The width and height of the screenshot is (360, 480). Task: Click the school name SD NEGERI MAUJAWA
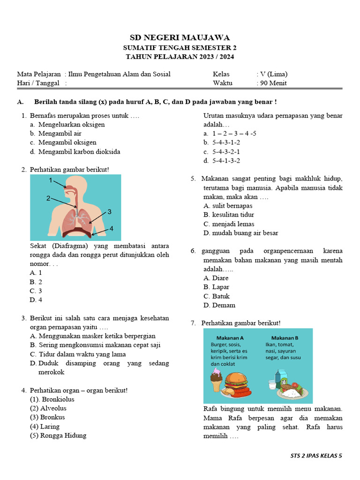(x=180, y=37)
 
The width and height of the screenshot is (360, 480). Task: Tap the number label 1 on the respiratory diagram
(x=50, y=180)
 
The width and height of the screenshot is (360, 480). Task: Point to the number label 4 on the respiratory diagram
(x=112, y=228)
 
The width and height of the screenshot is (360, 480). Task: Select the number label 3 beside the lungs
(x=109, y=212)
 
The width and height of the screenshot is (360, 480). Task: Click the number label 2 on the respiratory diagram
(x=48, y=198)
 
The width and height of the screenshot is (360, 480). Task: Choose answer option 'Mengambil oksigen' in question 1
(x=67, y=142)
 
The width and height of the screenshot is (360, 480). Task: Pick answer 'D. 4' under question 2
(x=36, y=300)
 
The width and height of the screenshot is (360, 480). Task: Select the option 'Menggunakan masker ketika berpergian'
(x=97, y=336)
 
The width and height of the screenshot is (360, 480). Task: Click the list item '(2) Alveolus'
(x=48, y=408)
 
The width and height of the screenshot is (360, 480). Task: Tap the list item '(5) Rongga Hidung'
(x=58, y=435)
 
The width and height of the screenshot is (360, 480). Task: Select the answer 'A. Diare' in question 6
(x=216, y=278)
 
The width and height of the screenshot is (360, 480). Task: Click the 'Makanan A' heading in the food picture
(x=230, y=338)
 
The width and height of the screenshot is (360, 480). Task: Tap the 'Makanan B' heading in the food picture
(x=285, y=338)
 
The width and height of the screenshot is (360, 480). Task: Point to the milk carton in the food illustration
(x=280, y=378)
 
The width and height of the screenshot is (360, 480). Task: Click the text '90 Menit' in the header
(x=273, y=83)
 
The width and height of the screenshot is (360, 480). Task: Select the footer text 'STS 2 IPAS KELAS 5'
(x=316, y=455)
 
